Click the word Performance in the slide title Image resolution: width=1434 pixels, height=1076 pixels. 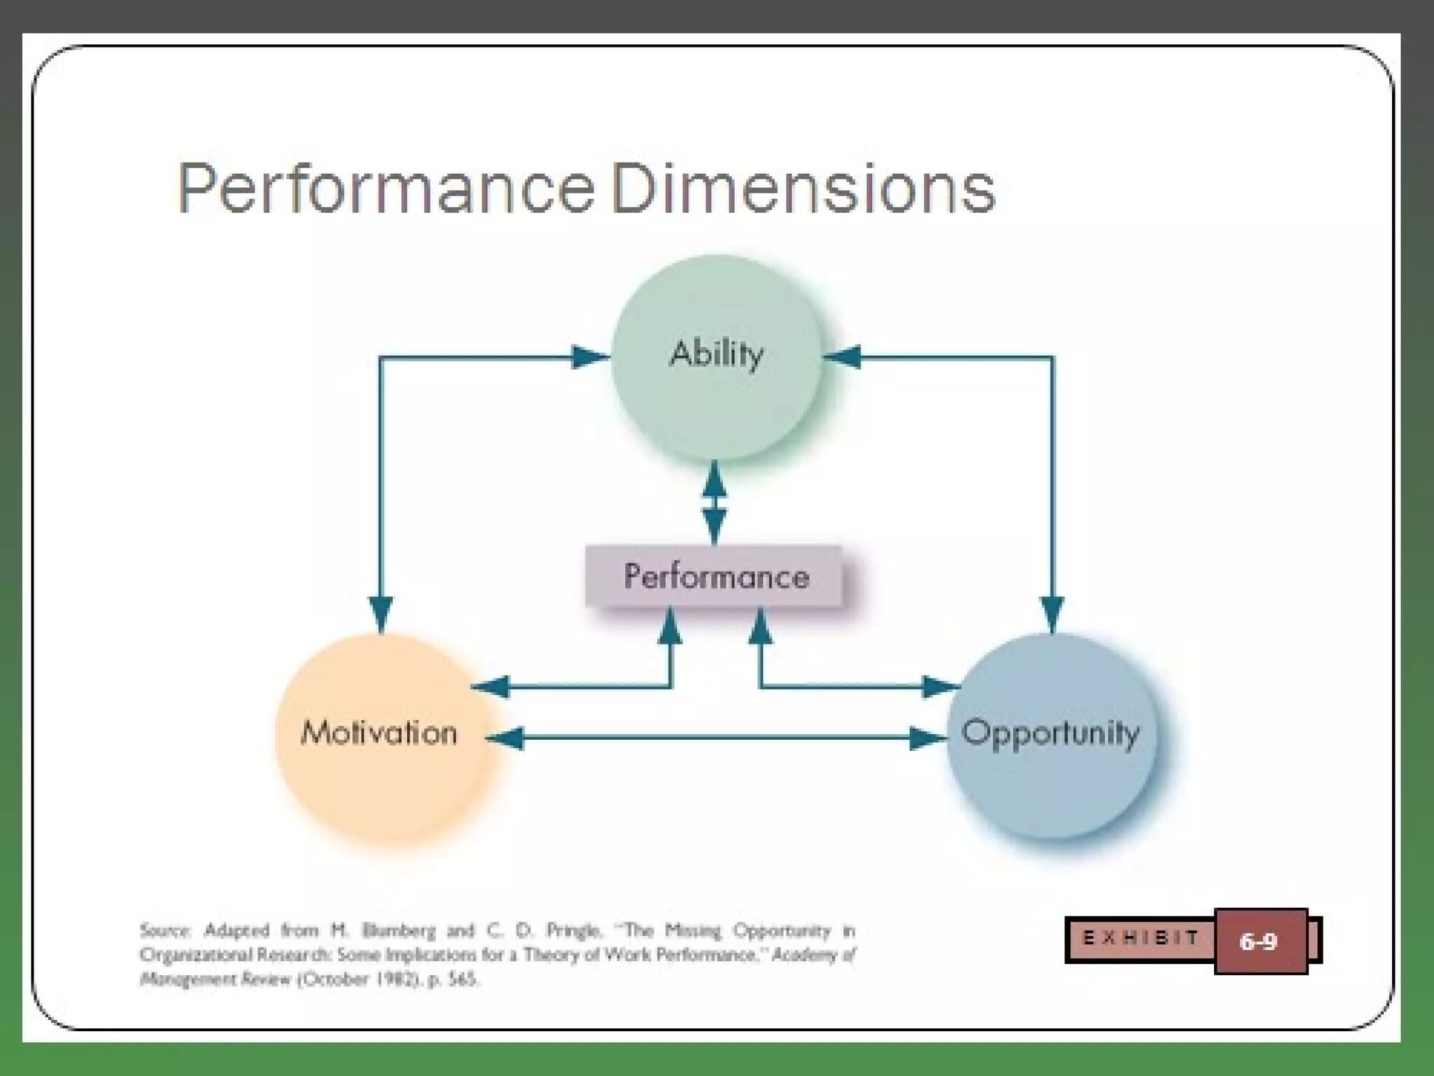pyautogui.click(x=386, y=188)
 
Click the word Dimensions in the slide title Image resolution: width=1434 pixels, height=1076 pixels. pyautogui.click(x=803, y=188)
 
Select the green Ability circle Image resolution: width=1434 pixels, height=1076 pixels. pyautogui.click(x=716, y=406)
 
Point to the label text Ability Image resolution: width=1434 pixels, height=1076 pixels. pyautogui.click(x=716, y=354)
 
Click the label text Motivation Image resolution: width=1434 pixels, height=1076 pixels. pyautogui.click(x=379, y=733)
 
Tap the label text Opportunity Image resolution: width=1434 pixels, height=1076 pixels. pyautogui.click(x=1050, y=733)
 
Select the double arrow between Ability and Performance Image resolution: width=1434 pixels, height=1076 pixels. pyautogui.click(x=714, y=502)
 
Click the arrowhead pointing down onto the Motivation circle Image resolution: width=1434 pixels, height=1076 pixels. pyautogui.click(x=380, y=612)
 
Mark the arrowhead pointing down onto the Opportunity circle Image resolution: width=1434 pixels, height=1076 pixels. pyautogui.click(x=1052, y=612)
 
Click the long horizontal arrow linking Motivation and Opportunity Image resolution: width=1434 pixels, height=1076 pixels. pyautogui.click(x=714, y=738)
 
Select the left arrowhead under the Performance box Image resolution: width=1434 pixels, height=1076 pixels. pyautogui.click(x=670, y=626)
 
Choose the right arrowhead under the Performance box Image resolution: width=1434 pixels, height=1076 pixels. pyautogui.click(x=760, y=626)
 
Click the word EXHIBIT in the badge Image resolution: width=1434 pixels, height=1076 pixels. pyautogui.click(x=1141, y=938)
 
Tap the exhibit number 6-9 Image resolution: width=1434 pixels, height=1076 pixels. pyautogui.click(x=1258, y=941)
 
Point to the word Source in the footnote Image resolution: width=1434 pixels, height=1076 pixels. pyautogui.click(x=165, y=931)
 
